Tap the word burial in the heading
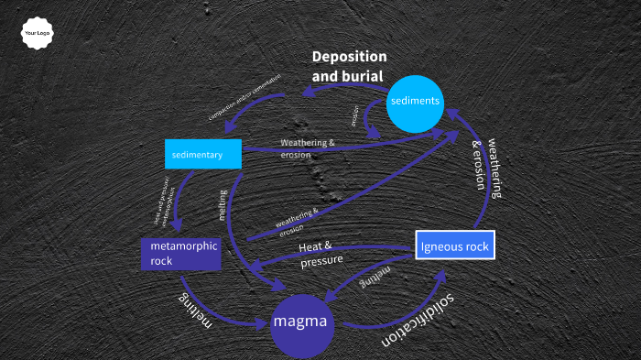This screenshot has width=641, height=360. pyautogui.click(x=361, y=76)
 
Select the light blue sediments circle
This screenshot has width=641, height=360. pyautogui.click(x=416, y=101)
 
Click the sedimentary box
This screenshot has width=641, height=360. pyautogui.click(x=203, y=155)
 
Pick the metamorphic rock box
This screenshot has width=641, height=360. pyautogui.click(x=180, y=254)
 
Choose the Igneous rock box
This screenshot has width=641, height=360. pyautogui.click(x=455, y=245)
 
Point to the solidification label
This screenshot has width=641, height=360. pyautogui.click(x=419, y=322)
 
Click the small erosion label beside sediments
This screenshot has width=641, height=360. pyautogui.click(x=354, y=116)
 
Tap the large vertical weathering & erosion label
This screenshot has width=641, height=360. pyautogui.click(x=486, y=169)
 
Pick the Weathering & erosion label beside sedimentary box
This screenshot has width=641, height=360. pyautogui.click(x=308, y=148)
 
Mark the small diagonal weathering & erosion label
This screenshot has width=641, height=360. pyautogui.click(x=298, y=222)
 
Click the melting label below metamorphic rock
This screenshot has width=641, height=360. pyautogui.click(x=195, y=313)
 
